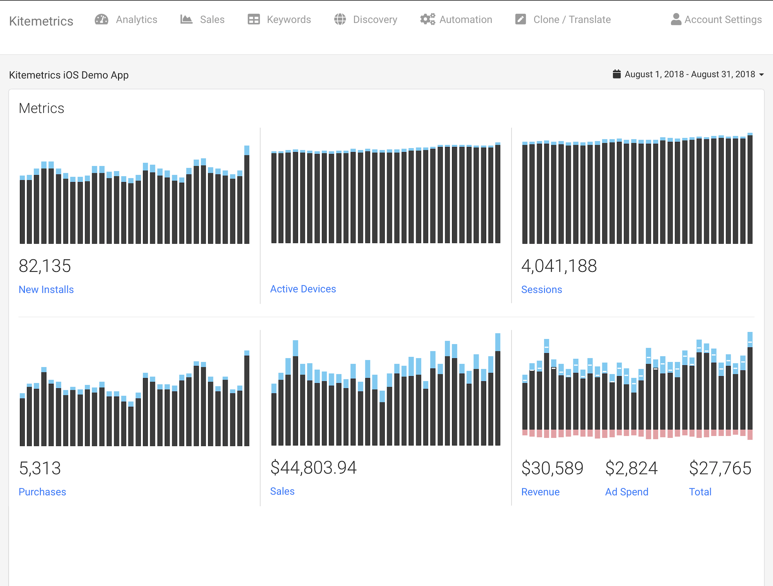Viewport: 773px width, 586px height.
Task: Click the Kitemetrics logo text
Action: [x=41, y=21]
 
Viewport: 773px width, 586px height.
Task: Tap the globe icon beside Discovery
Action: [x=340, y=19]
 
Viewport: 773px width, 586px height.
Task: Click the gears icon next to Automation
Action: [x=427, y=19]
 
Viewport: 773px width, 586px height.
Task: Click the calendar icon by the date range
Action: [x=617, y=74]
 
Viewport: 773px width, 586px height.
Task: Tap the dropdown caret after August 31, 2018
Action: [x=762, y=75]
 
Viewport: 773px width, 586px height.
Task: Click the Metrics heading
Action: [x=41, y=108]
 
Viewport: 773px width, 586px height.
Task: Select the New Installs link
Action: [x=46, y=289]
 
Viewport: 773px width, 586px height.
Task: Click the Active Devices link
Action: [x=303, y=289]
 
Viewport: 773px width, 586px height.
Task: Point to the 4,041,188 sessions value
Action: [x=559, y=266]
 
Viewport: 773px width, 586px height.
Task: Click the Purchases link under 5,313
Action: [x=42, y=492]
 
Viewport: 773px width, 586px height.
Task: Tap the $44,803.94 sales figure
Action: [x=313, y=467]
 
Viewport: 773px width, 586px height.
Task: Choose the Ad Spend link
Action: [x=626, y=492]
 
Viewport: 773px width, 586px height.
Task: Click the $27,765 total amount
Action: [x=720, y=468]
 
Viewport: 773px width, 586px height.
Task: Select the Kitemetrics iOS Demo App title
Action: [x=69, y=75]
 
